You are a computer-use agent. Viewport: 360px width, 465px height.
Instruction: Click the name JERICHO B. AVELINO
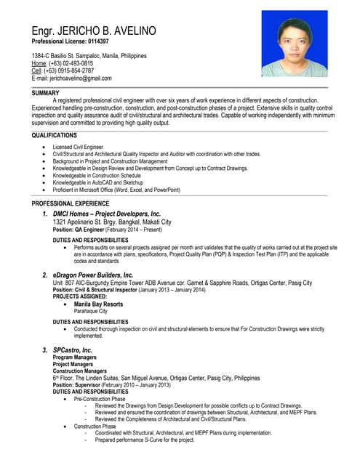click(109, 32)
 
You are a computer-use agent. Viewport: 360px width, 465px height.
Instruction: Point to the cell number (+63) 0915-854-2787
click(70, 70)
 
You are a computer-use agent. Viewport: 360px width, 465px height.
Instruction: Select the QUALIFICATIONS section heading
click(54, 135)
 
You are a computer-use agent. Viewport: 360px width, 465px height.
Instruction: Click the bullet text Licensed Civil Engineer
click(79, 147)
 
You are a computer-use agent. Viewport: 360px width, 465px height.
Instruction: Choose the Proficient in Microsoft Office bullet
click(116, 190)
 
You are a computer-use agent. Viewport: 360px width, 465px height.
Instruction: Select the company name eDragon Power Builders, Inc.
click(93, 275)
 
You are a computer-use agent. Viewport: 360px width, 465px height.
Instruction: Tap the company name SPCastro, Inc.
click(73, 350)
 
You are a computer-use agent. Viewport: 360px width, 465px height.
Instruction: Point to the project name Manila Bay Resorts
click(98, 304)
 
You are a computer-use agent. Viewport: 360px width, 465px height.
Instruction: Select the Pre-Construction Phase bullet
click(100, 400)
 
